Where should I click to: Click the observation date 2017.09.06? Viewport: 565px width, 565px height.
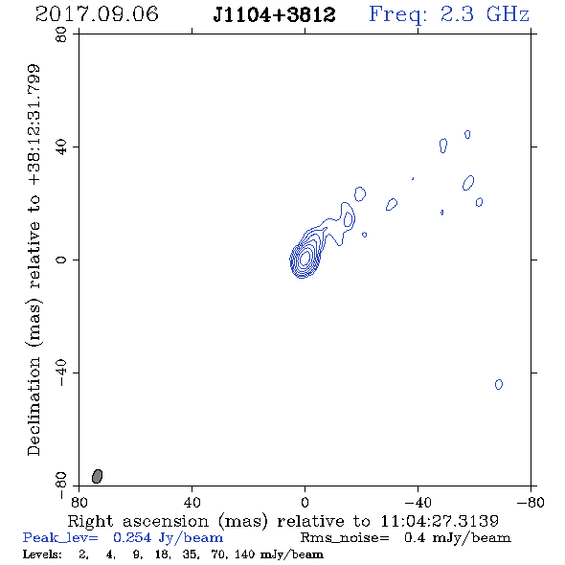tap(97, 14)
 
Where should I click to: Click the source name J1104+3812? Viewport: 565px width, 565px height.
tap(274, 15)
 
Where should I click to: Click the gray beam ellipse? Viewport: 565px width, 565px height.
tap(98, 476)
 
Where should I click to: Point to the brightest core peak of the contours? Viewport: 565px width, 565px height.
tap(305, 258)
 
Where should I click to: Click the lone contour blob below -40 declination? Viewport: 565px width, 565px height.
tap(499, 384)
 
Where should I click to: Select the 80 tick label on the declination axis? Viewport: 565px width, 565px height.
tap(61, 34)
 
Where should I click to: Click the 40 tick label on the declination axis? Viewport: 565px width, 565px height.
tap(61, 147)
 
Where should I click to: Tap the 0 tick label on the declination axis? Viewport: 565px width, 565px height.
tap(61, 260)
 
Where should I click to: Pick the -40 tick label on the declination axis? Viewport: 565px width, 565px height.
tap(61, 373)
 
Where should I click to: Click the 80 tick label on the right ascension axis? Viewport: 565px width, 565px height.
tap(79, 502)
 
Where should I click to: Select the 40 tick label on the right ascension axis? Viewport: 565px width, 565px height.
tap(192, 502)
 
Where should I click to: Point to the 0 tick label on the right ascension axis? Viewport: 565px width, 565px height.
tap(305, 503)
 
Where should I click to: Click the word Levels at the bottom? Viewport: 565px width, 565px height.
tap(42, 554)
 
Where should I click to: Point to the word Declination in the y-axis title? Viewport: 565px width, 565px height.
tap(34, 406)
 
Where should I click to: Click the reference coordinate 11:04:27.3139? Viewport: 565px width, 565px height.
tap(440, 521)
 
